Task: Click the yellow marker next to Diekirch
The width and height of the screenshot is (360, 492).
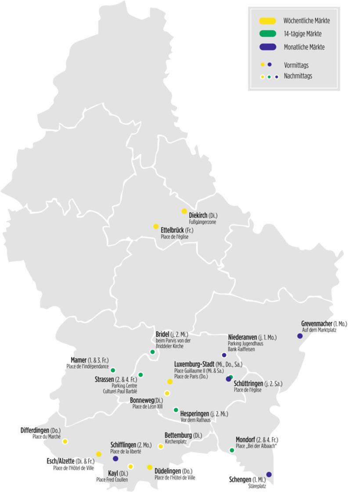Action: coord(184,211)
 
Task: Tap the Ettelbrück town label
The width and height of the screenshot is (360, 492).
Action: coord(172,230)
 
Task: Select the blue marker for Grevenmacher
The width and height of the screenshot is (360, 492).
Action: coord(300,336)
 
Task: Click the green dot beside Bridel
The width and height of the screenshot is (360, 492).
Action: coord(152,352)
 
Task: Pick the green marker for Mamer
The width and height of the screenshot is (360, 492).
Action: coord(113,370)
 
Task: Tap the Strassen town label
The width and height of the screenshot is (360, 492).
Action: coord(104,379)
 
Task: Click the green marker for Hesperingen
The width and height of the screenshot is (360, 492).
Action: coord(176,410)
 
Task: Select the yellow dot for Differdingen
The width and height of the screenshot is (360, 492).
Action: coord(65,441)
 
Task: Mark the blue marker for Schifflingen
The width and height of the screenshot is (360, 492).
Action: coord(115,459)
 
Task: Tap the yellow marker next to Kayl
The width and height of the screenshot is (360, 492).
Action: coord(130,466)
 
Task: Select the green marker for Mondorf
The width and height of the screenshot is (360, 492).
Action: coord(232,450)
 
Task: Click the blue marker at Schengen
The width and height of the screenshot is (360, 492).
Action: coord(269,474)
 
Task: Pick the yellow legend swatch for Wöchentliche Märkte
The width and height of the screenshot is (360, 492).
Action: coord(267,21)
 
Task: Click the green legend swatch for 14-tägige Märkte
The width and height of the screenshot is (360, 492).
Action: coord(267,33)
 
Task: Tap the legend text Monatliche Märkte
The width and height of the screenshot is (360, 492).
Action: coord(304,47)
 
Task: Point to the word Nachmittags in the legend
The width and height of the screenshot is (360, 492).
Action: coord(299,76)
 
